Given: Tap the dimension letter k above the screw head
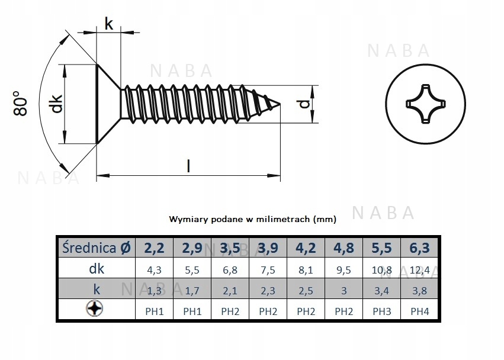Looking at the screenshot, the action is point(108,24).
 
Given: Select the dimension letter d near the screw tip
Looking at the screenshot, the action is point(304,104).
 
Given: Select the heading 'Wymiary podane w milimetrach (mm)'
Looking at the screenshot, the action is point(252,219).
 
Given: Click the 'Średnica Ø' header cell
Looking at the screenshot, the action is point(97,247).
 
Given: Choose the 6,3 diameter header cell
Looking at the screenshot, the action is point(420,247).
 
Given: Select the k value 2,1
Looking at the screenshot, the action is point(230,290).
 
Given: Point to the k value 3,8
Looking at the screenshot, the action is point(420,290).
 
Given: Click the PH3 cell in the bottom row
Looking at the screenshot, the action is point(382,311).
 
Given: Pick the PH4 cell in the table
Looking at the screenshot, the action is point(420,311).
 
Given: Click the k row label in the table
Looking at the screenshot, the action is point(97,290).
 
